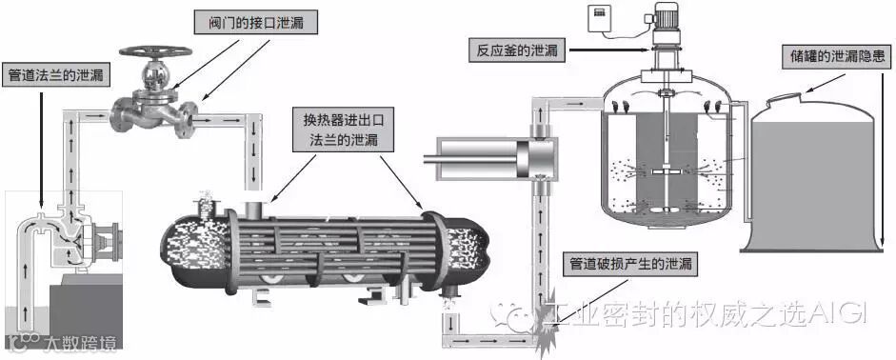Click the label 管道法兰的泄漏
coord(56,75)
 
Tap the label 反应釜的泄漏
coord(517,50)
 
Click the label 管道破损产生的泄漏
coord(630,264)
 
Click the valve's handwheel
coord(155,50)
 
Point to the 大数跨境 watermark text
coord(80,344)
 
